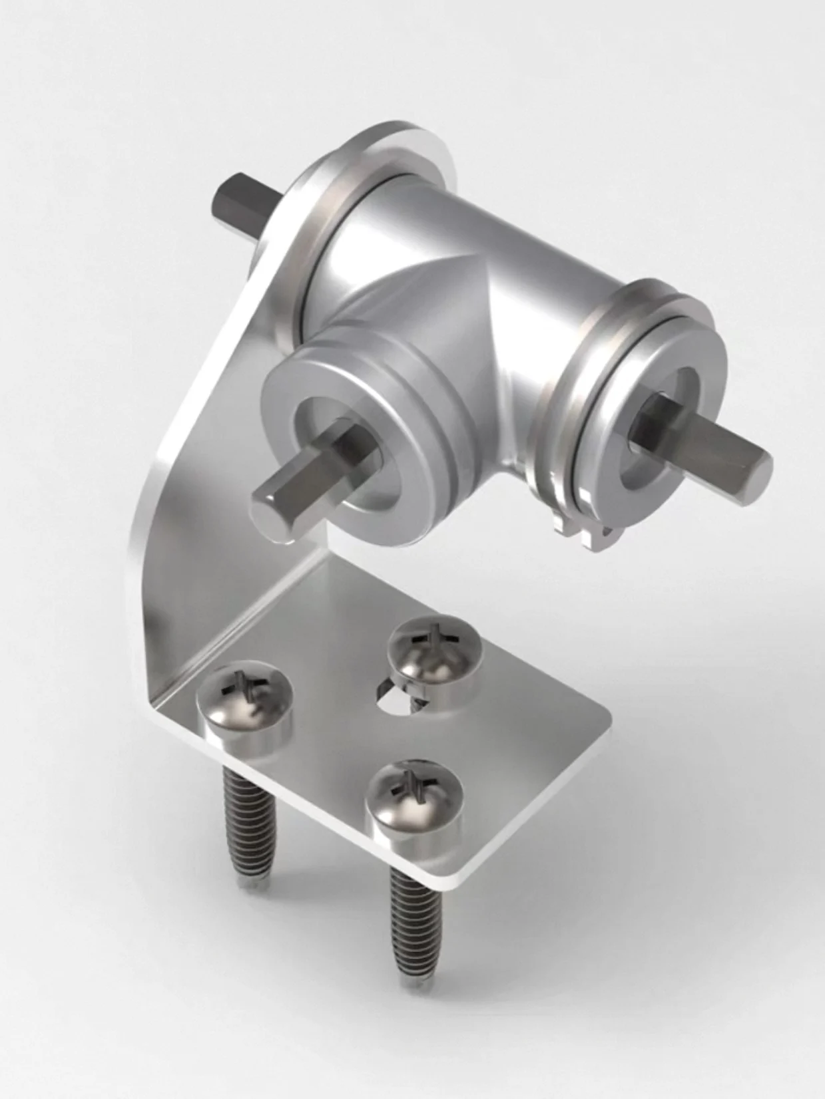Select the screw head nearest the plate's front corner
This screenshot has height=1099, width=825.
pyautogui.click(x=414, y=798)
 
